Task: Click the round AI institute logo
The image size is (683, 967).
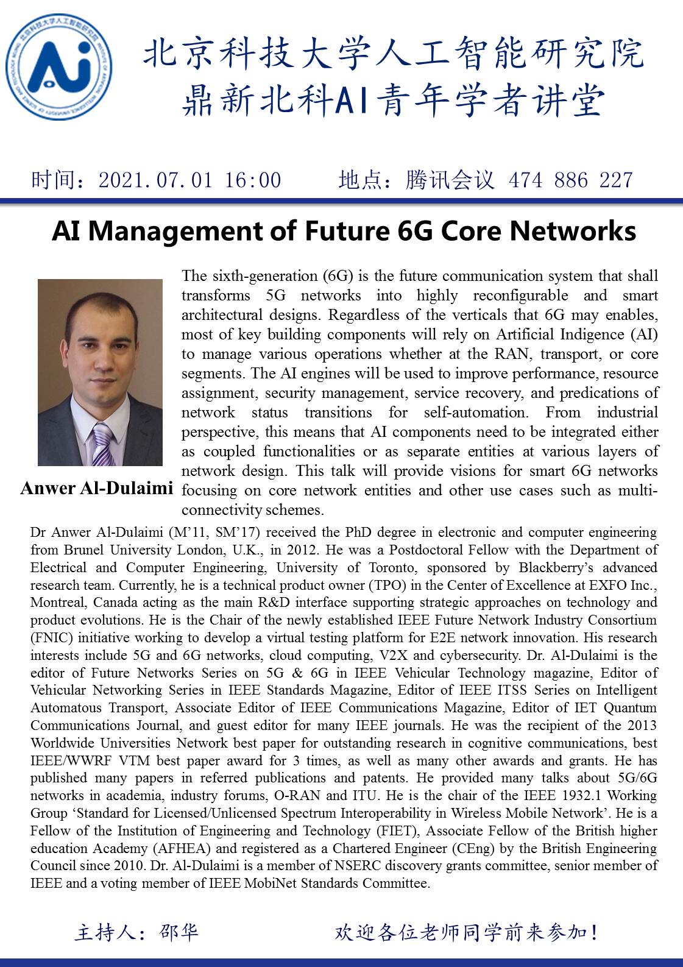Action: click(x=58, y=67)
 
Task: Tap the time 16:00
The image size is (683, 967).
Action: click(x=253, y=180)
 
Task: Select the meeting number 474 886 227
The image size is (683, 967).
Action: click(x=570, y=180)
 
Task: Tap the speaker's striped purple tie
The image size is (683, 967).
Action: click(x=102, y=445)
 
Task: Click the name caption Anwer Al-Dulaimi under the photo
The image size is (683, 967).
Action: click(x=97, y=489)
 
